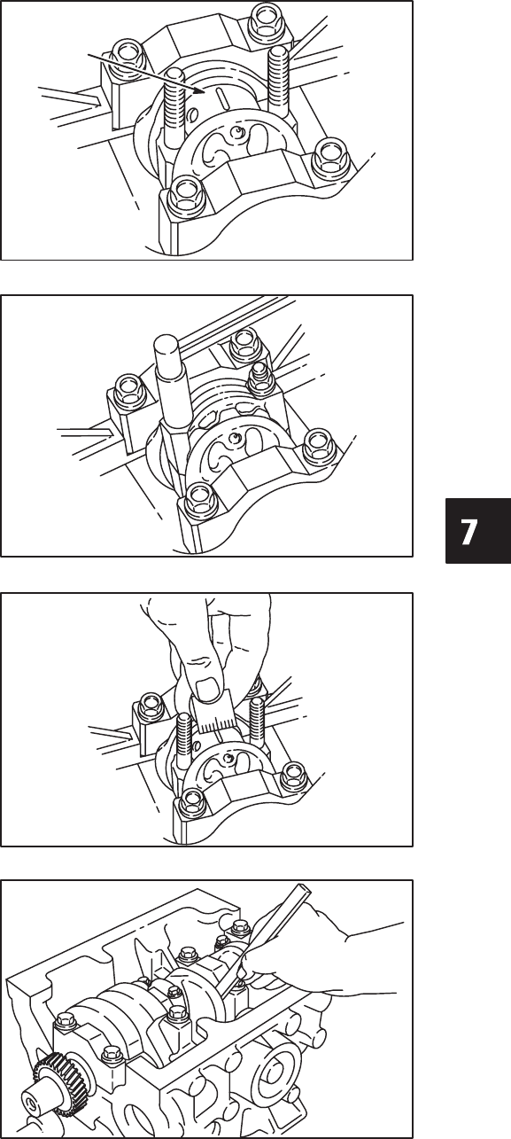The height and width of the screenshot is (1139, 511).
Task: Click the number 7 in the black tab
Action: (x=468, y=532)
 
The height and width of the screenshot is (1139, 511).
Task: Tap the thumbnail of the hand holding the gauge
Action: (x=208, y=689)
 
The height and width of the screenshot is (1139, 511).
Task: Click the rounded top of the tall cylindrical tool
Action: (x=167, y=344)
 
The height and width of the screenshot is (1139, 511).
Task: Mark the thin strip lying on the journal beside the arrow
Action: (x=222, y=97)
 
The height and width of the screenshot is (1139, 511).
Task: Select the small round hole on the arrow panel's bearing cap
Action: (x=236, y=133)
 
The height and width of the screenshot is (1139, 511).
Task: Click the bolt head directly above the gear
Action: (x=64, y=1018)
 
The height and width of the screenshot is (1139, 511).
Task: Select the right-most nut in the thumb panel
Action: (x=293, y=775)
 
